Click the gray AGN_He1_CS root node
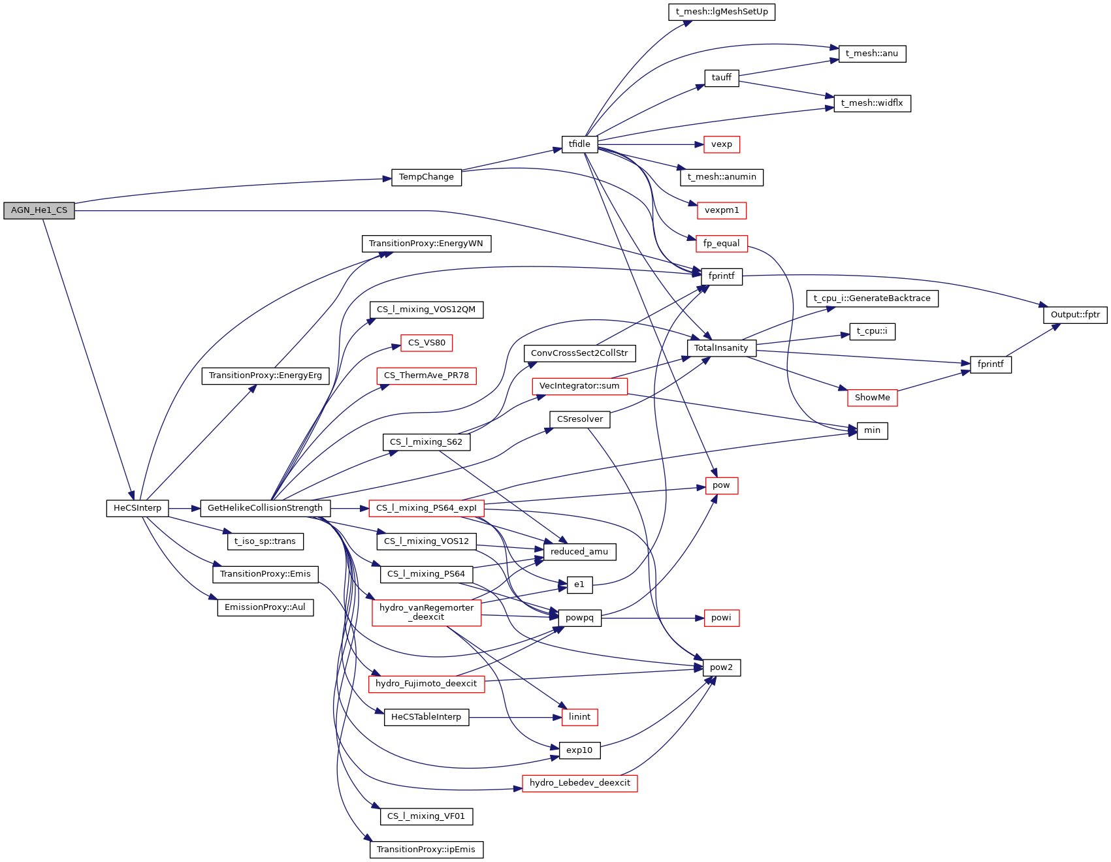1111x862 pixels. tap(39, 211)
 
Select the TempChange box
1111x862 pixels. tap(427, 178)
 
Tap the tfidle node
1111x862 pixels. tap(579, 144)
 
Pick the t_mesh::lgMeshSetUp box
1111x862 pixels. tap(722, 12)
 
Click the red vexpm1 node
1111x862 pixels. tap(722, 211)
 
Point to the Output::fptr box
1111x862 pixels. tap(1075, 315)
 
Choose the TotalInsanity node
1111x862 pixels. tap(721, 348)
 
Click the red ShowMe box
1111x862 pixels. tap(872, 398)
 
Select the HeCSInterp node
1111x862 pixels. tap(137, 508)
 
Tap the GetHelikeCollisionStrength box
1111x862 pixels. tap(265, 508)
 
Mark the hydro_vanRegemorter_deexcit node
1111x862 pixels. tap(427, 613)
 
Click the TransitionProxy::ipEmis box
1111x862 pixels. tap(427, 850)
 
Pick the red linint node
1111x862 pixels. tap(579, 717)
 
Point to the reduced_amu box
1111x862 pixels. tap(579, 552)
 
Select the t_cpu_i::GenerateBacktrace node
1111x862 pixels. tap(872, 298)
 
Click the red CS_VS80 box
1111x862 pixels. tap(427, 343)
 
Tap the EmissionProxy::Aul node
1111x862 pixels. tap(265, 607)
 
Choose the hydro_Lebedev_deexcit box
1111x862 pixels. tap(579, 783)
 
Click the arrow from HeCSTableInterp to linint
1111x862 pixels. tap(515, 717)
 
